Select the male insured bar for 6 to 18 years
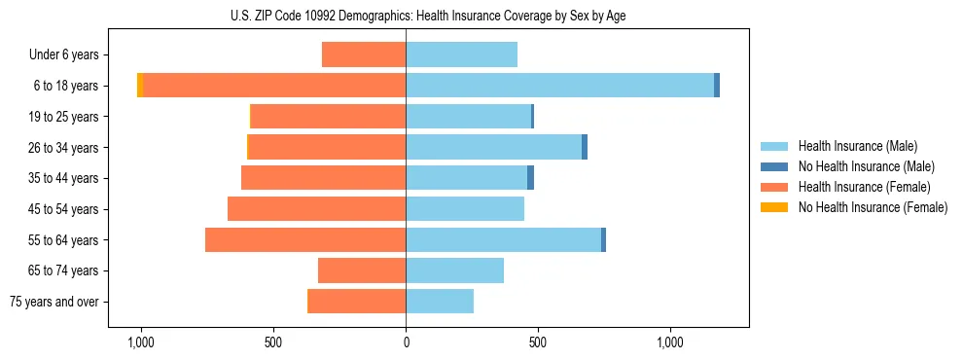(x=559, y=86)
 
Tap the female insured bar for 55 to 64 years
(x=305, y=239)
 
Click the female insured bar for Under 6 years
(x=364, y=54)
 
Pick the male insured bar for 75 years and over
(x=440, y=302)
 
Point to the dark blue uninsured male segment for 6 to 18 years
(x=717, y=86)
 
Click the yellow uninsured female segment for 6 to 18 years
(x=140, y=86)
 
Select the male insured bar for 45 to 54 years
(x=465, y=209)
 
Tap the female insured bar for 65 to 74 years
(x=362, y=270)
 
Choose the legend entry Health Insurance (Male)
(x=857, y=146)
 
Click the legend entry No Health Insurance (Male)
(x=866, y=166)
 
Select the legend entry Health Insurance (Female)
(x=864, y=187)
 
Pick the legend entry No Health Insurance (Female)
(x=872, y=207)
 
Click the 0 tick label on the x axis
(x=406, y=342)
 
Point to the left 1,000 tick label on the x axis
(x=141, y=342)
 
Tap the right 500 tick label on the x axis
(x=538, y=342)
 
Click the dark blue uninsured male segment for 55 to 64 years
(x=603, y=239)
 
